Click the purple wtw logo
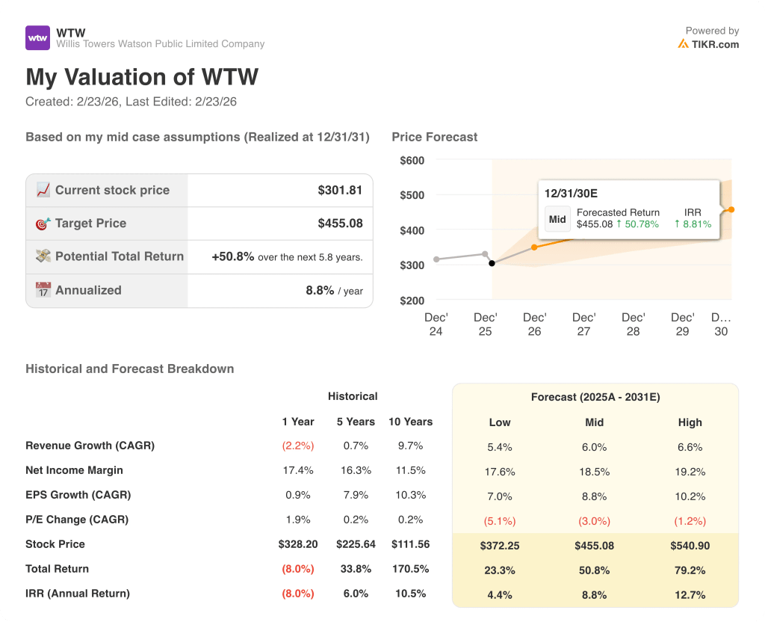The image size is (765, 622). pos(37,37)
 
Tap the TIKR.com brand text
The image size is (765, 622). pos(714,44)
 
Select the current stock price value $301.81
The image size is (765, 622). pos(340,190)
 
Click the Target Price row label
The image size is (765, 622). pos(90,223)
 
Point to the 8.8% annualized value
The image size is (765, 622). pos(320,290)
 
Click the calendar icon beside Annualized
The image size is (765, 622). pos(43,290)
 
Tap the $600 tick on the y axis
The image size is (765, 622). pos(412,160)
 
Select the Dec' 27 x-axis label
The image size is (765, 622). pos(583,324)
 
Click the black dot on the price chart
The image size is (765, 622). pos(491,263)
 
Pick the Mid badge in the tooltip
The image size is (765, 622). pos(557,220)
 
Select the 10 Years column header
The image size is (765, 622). pos(410,422)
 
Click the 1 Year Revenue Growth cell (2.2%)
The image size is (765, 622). pos(298,446)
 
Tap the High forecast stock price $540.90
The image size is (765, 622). pos(690,546)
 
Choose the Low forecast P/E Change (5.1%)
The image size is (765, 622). pos(500,521)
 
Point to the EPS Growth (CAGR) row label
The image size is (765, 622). pos(78,495)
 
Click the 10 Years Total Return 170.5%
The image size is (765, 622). pos(410,569)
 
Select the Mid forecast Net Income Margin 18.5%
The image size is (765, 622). pos(595,472)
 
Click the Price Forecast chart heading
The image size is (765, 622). pos(434,137)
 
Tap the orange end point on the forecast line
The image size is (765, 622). pos(731,209)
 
